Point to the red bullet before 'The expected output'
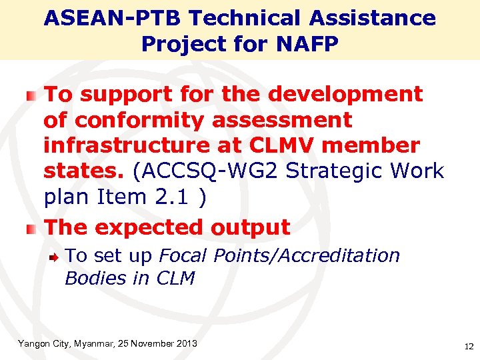[x=31, y=229]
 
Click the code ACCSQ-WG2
[x=207, y=171]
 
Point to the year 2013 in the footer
[x=185, y=344]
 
